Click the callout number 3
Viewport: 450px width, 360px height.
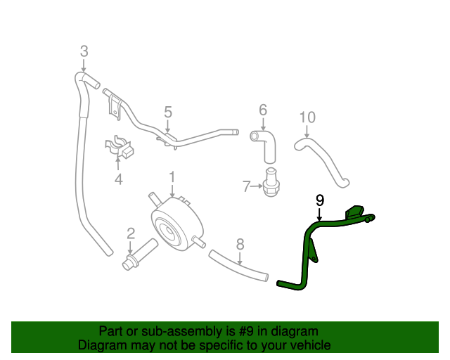pos(84,51)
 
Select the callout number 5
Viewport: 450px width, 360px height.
pos(168,112)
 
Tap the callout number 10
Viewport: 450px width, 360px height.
pos(307,117)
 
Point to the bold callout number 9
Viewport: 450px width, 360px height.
pos(320,200)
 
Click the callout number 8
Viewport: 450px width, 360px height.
pos(240,244)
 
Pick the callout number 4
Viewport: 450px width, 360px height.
pos(119,179)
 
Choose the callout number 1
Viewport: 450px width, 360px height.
pos(172,177)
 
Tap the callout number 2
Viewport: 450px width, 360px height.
pos(131,233)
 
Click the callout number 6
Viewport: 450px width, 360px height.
pos(263,110)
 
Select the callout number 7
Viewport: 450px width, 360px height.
pos(247,186)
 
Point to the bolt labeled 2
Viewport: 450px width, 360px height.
pos(140,254)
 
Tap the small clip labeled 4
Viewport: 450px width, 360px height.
pos(120,146)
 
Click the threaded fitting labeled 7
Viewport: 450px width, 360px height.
pos(270,182)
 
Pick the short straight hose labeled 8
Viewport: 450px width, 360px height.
pos(238,266)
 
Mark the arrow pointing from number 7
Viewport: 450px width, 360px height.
pos(257,186)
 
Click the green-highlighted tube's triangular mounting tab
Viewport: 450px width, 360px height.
pos(314,252)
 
